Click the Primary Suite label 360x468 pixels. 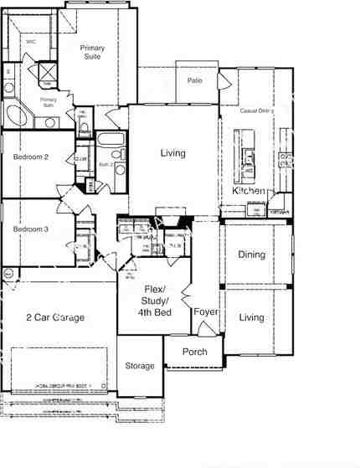(x=92, y=52)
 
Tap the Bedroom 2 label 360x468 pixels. (x=31, y=157)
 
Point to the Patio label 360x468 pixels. (x=195, y=80)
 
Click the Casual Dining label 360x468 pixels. (x=256, y=111)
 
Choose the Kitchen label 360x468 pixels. (x=249, y=192)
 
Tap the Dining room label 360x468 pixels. (x=251, y=255)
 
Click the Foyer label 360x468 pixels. (x=206, y=311)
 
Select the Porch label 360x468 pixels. (x=195, y=352)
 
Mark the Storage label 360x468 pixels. (x=140, y=366)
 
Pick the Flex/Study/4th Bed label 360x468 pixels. (x=157, y=301)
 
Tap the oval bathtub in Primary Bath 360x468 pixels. (x=17, y=115)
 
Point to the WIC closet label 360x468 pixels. (x=30, y=40)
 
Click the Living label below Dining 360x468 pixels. (x=251, y=317)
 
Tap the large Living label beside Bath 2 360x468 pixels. (x=173, y=153)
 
